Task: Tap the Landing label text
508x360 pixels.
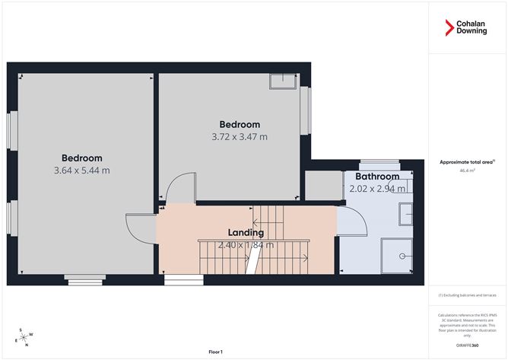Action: pos(246,232)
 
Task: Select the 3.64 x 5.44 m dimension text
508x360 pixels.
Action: pos(81,170)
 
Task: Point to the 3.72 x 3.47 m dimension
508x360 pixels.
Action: pos(240,137)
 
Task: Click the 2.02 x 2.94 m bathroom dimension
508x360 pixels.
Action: pos(377,189)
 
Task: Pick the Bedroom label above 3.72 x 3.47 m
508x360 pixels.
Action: pos(240,124)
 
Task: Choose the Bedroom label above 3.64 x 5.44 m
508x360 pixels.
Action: pos(81,158)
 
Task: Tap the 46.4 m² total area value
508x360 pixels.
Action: pos(467,171)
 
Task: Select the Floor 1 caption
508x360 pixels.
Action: pos(215,352)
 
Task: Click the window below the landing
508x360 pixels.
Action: pos(183,279)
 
